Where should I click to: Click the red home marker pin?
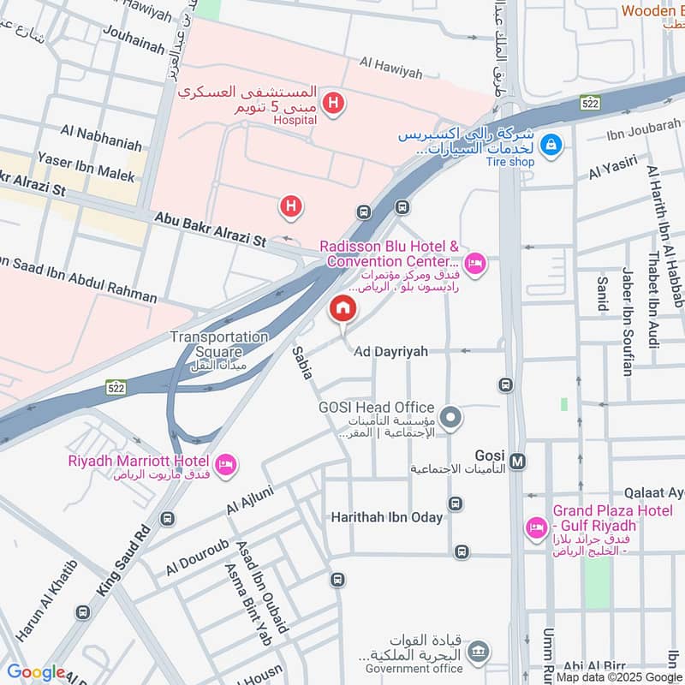pyautogui.click(x=342, y=308)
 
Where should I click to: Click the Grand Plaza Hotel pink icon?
pyautogui.click(x=537, y=526)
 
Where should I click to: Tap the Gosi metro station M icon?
pyautogui.click(x=517, y=462)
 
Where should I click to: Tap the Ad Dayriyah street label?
pyautogui.click(x=390, y=352)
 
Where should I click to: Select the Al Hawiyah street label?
pyautogui.click(x=391, y=68)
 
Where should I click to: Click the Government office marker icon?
pyautogui.click(x=479, y=652)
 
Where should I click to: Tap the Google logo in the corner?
pyautogui.click(x=36, y=672)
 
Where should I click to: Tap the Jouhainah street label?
pyautogui.click(x=133, y=40)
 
